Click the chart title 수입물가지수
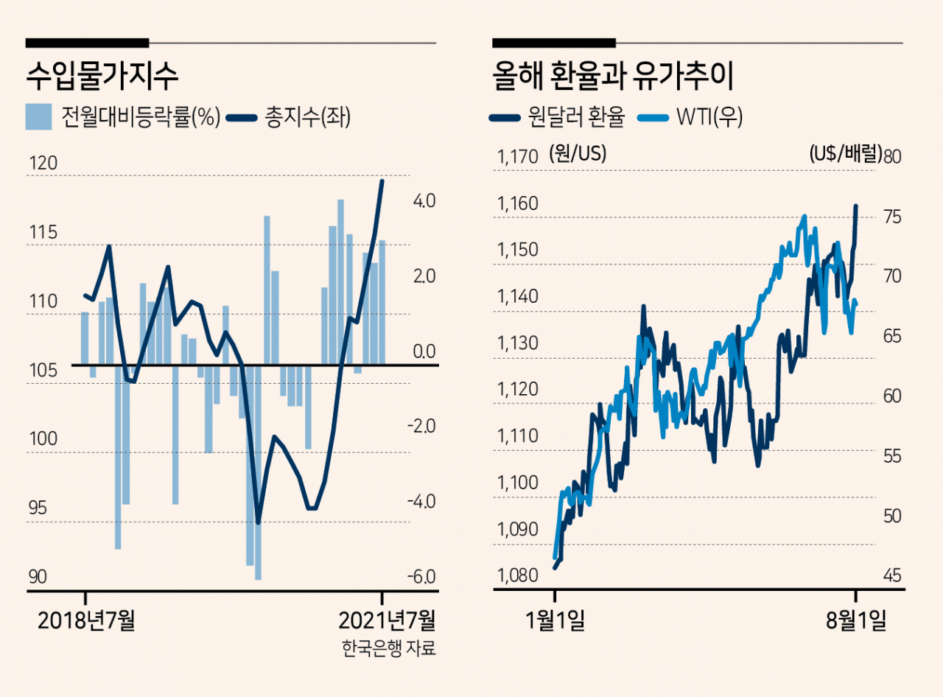(102, 75)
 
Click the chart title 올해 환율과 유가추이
(616, 75)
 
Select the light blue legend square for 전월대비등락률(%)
(38, 116)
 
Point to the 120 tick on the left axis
(43, 164)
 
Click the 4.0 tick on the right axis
(424, 200)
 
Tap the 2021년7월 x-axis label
(386, 620)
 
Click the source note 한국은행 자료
(388, 649)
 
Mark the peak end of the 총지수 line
(382, 181)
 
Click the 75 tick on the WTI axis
(892, 217)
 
